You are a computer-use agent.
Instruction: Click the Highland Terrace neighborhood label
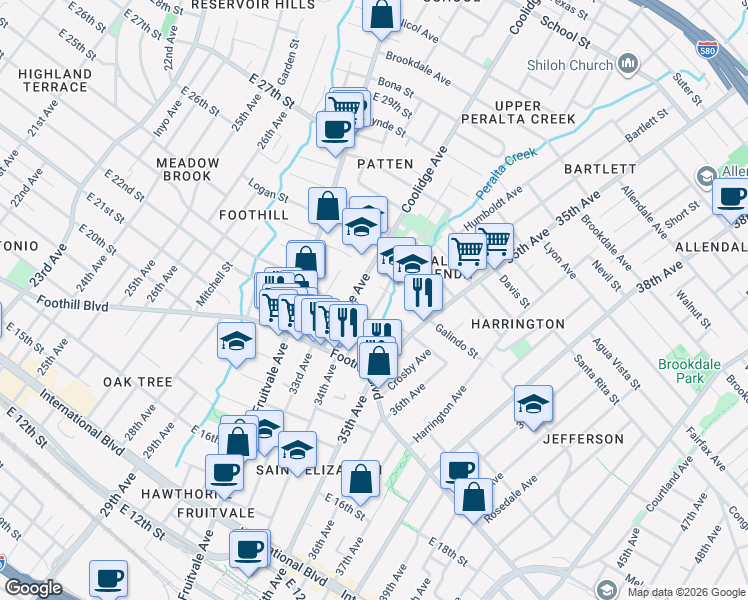pyautogui.click(x=54, y=80)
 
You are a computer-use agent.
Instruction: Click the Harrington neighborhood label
pyautogui.click(x=518, y=324)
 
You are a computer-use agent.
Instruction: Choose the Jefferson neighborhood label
pyautogui.click(x=583, y=439)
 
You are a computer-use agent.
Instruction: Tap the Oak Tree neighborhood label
pyautogui.click(x=137, y=382)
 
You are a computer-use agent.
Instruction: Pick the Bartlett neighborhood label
pyautogui.click(x=600, y=168)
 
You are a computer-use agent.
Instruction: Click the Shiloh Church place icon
pyautogui.click(x=629, y=64)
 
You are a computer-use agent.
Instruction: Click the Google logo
pyautogui.click(x=33, y=588)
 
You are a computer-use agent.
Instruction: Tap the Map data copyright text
pyautogui.click(x=685, y=591)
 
